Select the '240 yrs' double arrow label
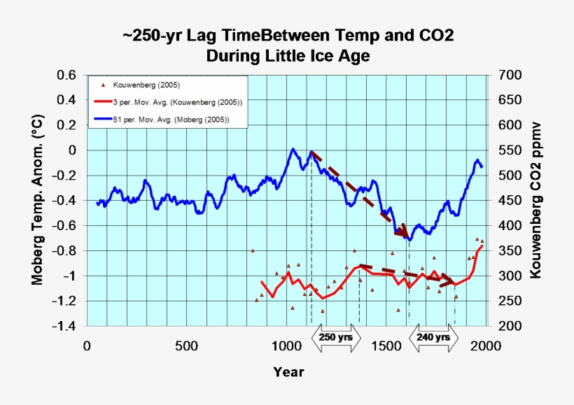tap(434, 337)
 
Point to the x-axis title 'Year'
tap(288, 372)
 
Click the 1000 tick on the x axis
tap(286, 346)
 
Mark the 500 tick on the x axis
tap(186, 346)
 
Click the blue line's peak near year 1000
tap(293, 148)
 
